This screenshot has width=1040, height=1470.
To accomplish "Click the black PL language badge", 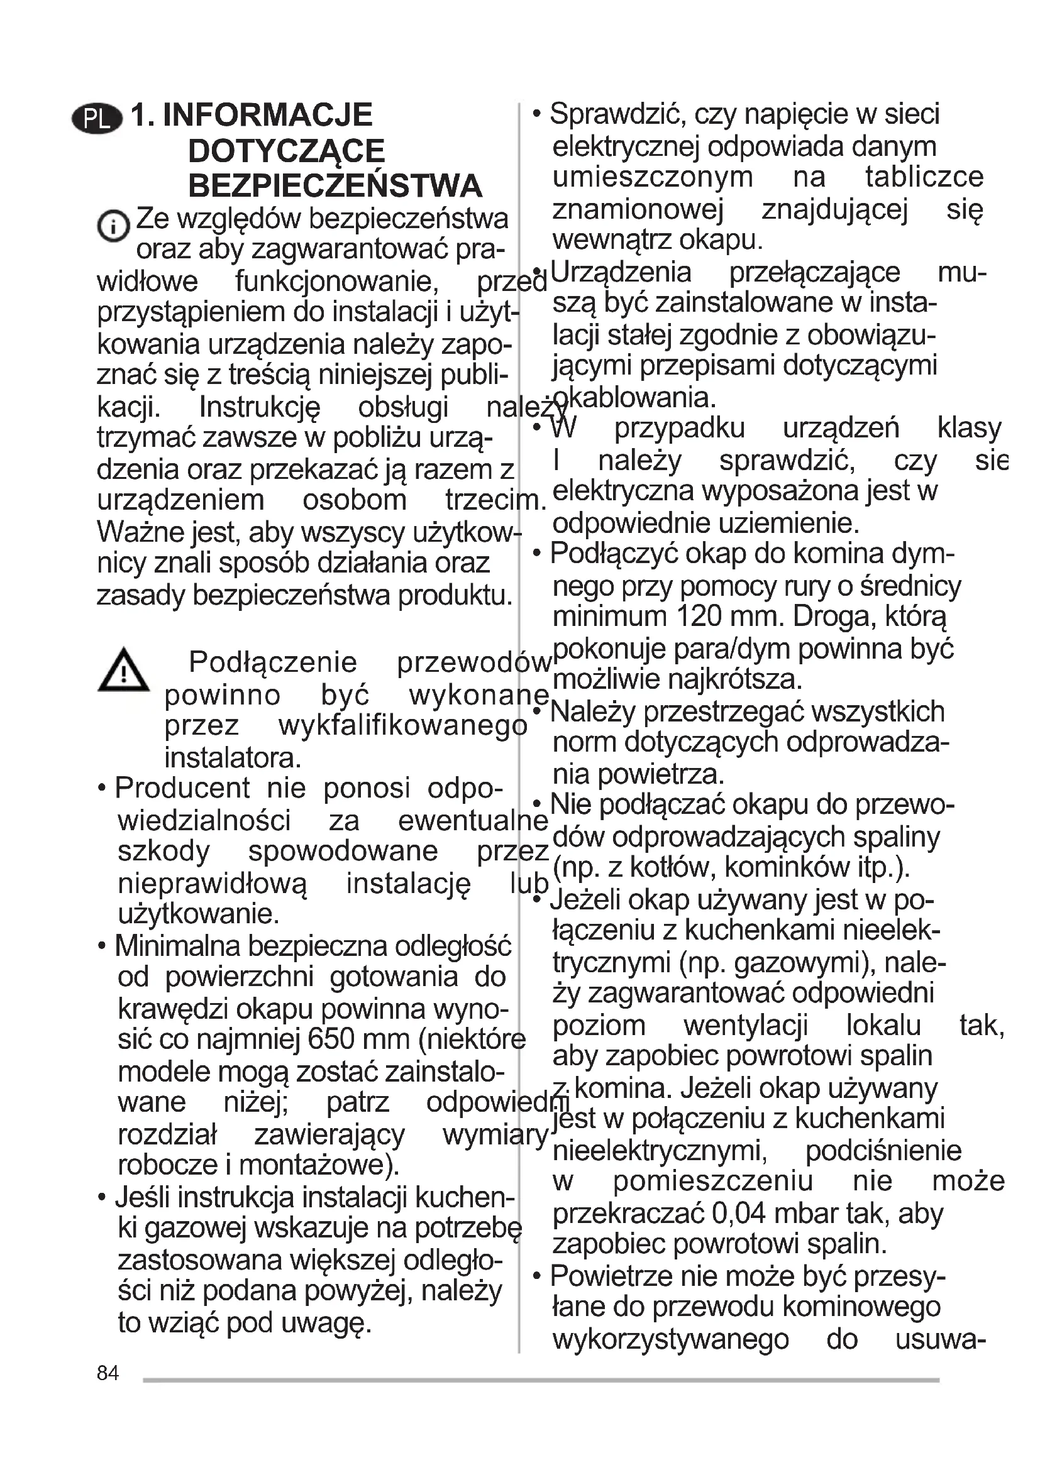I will [97, 119].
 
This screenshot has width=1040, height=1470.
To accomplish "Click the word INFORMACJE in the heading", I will [268, 115].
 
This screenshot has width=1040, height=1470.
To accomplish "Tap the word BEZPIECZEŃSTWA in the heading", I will [335, 186].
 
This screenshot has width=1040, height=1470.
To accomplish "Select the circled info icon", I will [113, 226].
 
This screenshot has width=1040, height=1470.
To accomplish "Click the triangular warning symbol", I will [124, 671].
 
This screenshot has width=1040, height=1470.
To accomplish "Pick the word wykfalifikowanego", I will [403, 726].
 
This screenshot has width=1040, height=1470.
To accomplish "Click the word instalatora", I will [232, 758].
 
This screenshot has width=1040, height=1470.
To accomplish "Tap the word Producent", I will [182, 788].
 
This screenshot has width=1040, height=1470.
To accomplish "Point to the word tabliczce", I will [924, 177].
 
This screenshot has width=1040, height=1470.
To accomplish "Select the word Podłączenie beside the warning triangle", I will [273, 662].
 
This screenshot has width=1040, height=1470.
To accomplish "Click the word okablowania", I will [634, 398].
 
